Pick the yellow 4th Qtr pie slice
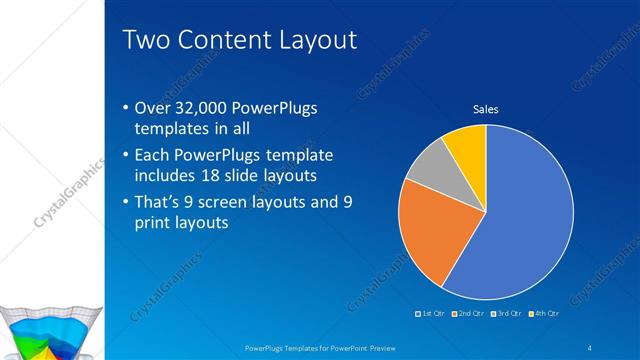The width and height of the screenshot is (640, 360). pos(467,143)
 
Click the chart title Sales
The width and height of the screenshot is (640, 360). pos(486,109)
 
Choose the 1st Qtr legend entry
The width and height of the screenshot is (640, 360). pos(432,313)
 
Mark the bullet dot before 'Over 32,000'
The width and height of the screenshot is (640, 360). pos(124,109)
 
